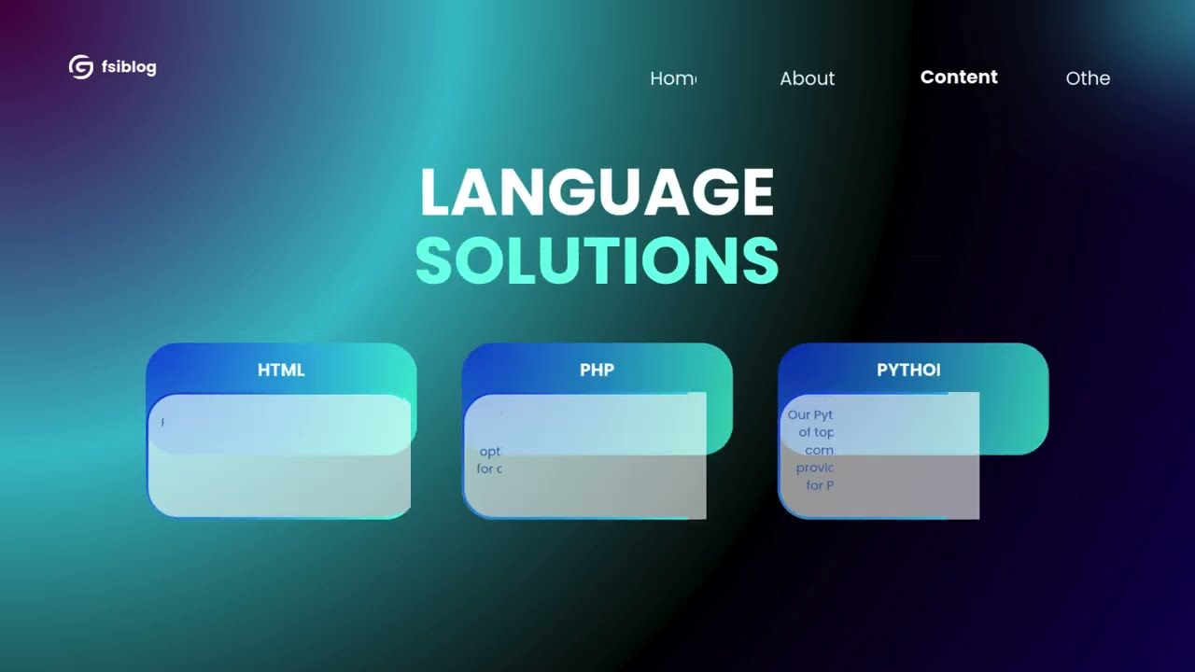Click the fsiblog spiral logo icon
[x=81, y=67]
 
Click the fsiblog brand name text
[x=129, y=67]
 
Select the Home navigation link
[x=673, y=78]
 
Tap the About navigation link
[x=807, y=78]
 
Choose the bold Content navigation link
[x=959, y=77]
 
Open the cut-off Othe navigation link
[x=1088, y=78]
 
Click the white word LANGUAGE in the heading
[x=597, y=192]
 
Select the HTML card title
[x=281, y=370]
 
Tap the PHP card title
[x=597, y=370]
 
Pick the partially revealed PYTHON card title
[x=907, y=370]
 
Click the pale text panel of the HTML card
[x=280, y=467]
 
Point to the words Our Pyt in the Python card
[x=809, y=414]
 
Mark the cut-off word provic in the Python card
[x=814, y=468]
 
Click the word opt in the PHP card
[x=489, y=452]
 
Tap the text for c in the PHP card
[x=488, y=469]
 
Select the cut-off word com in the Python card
[x=819, y=450]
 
